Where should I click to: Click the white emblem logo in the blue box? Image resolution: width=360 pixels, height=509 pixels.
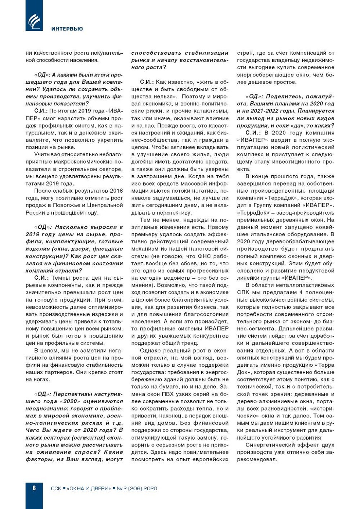pyautogui.click(x=34, y=21)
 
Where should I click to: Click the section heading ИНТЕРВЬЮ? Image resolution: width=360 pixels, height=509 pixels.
pyautogui.click(x=67, y=29)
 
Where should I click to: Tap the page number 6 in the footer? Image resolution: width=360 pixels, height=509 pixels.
pyautogui.click(x=34, y=488)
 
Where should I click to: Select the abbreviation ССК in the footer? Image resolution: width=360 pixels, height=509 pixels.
pyautogui.click(x=56, y=488)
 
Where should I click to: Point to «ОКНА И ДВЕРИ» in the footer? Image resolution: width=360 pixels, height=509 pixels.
pyautogui.click(x=89, y=488)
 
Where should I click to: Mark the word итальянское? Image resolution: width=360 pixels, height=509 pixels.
pyautogui.click(x=268, y=234)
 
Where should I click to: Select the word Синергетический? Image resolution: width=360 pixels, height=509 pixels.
pyautogui.click(x=270, y=445)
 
